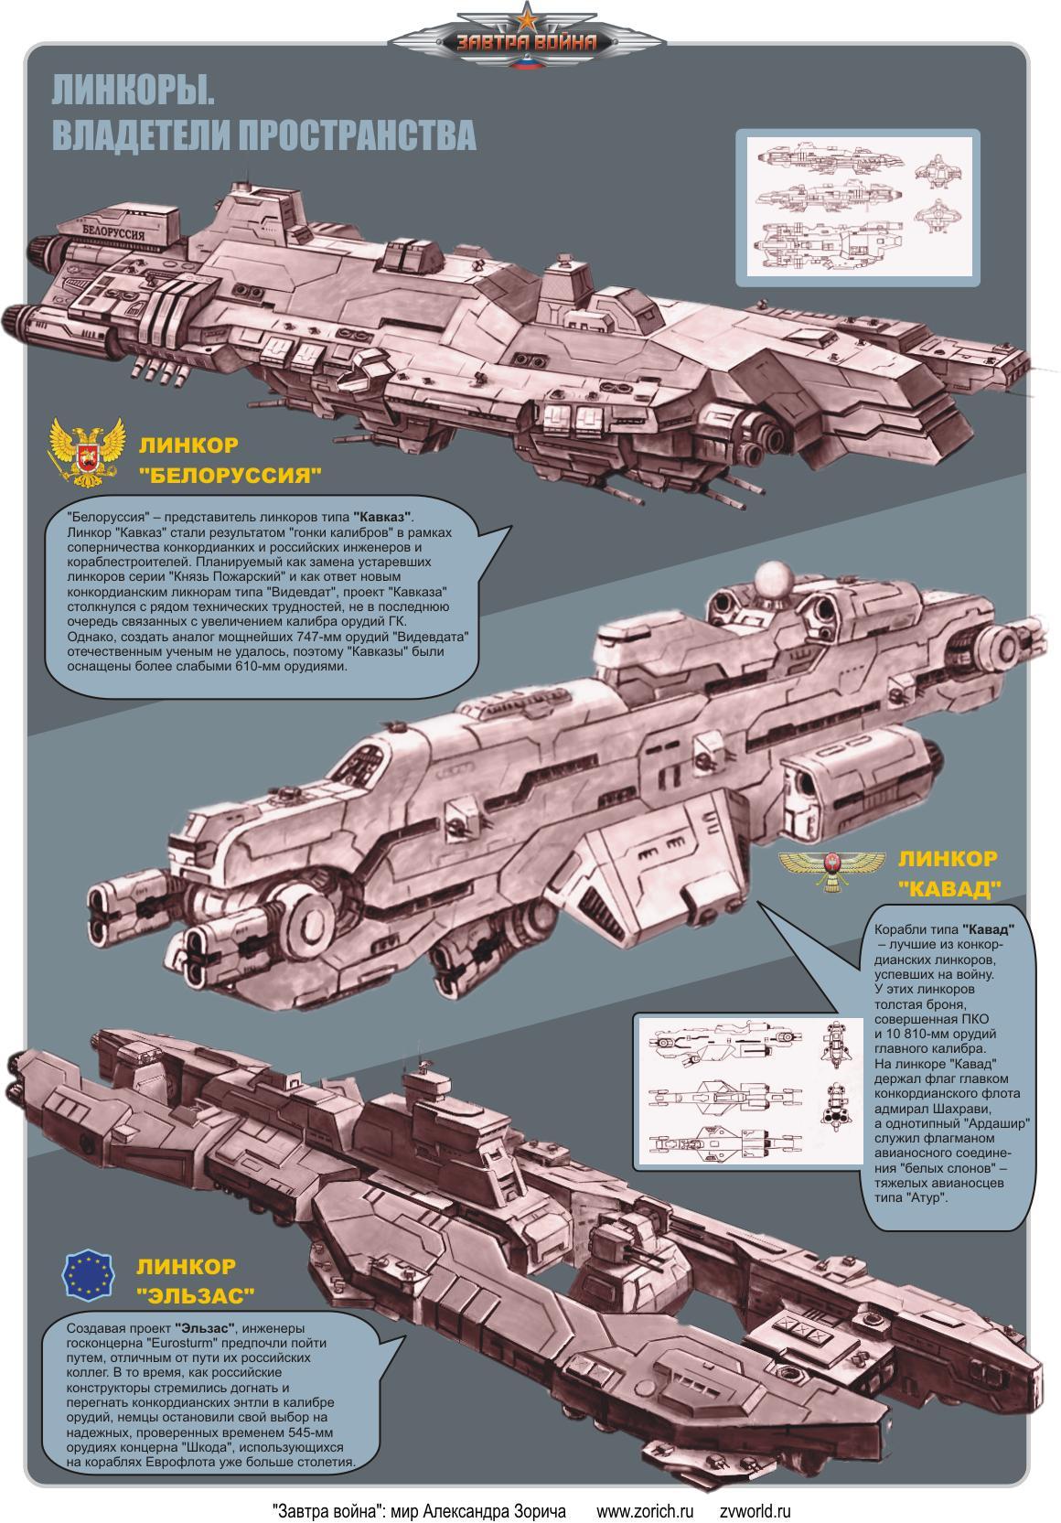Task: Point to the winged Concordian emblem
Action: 832,867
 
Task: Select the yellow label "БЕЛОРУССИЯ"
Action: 230,476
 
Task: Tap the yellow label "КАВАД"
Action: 949,888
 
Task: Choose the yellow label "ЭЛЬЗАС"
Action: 195,1295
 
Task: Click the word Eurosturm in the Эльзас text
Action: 184,1343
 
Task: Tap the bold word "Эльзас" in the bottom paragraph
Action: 207,1328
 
